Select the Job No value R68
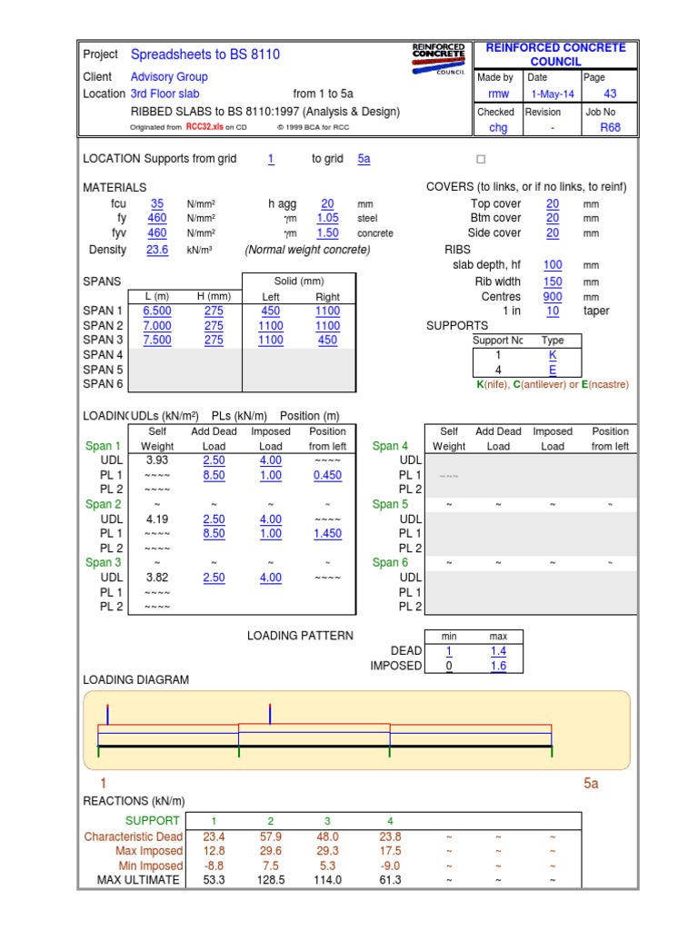[x=610, y=128]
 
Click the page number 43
[x=610, y=94]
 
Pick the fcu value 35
[x=157, y=204]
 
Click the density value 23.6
[x=157, y=250]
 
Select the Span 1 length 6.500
[x=157, y=311]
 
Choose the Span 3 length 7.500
[x=157, y=340]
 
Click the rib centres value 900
[x=553, y=296]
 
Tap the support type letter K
[x=553, y=355]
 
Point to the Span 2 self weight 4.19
[x=157, y=519]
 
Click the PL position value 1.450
[x=327, y=534]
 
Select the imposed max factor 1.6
[x=498, y=666]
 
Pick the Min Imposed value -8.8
[x=214, y=866]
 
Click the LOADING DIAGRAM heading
[x=136, y=679]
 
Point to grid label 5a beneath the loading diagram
[x=592, y=783]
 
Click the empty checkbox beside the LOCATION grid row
[x=481, y=159]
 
